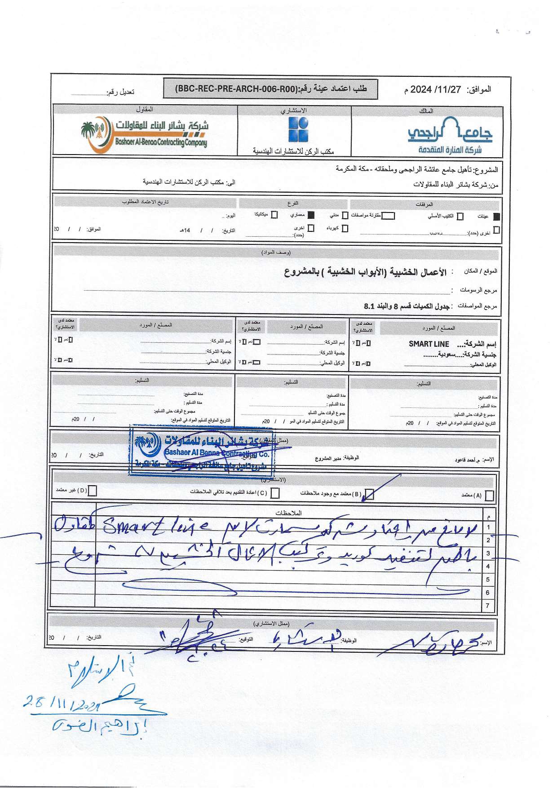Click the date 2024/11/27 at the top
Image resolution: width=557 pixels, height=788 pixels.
(x=436, y=89)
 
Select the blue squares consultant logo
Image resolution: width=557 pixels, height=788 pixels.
(x=298, y=129)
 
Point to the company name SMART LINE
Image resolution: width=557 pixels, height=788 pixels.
(x=429, y=344)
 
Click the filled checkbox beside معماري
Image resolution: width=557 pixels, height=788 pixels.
(x=310, y=215)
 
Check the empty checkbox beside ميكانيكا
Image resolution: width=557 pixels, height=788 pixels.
(x=274, y=215)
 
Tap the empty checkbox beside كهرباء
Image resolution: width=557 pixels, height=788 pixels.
(x=345, y=228)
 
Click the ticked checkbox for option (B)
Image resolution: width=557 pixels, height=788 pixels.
(x=369, y=494)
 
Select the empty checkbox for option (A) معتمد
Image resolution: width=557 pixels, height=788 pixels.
(x=489, y=495)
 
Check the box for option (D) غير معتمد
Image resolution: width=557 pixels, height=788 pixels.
(x=92, y=491)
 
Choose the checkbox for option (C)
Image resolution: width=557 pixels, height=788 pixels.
(x=275, y=493)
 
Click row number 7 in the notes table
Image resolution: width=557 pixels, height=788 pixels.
(x=488, y=606)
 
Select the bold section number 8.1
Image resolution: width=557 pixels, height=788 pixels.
(x=369, y=306)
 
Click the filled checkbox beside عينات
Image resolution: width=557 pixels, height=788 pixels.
(x=496, y=217)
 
